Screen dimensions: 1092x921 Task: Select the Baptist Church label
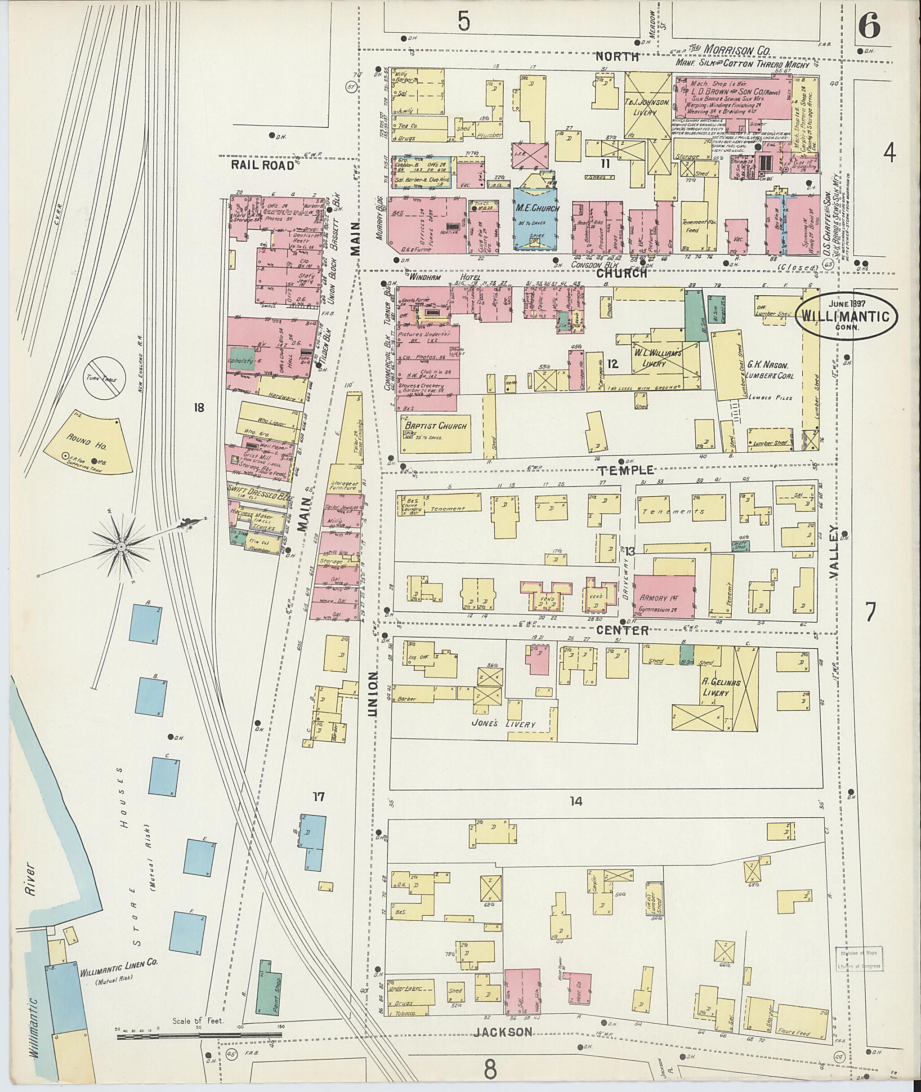pos(434,426)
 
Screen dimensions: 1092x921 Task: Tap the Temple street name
pos(621,470)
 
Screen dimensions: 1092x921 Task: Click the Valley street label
pos(834,552)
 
